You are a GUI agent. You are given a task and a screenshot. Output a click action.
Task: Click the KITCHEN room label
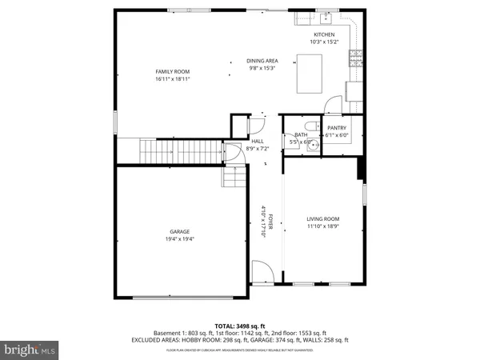[324, 34]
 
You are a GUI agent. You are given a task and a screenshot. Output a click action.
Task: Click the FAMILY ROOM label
[172, 71]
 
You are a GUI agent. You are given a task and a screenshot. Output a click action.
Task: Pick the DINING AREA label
[262, 61]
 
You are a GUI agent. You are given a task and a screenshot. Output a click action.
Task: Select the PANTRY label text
[337, 128]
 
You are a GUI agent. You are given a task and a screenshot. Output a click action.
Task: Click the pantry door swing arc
[333, 103]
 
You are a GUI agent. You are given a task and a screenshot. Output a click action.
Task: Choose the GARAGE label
[179, 232]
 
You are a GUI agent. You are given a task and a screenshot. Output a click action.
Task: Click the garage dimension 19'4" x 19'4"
[179, 238]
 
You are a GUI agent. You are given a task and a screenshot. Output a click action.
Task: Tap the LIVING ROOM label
[323, 218]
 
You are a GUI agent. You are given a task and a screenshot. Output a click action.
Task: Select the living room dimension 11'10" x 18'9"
[323, 226]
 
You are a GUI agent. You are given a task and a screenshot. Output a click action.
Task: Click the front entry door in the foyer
[262, 272]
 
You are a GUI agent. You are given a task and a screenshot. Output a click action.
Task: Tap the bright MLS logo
[29, 349]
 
